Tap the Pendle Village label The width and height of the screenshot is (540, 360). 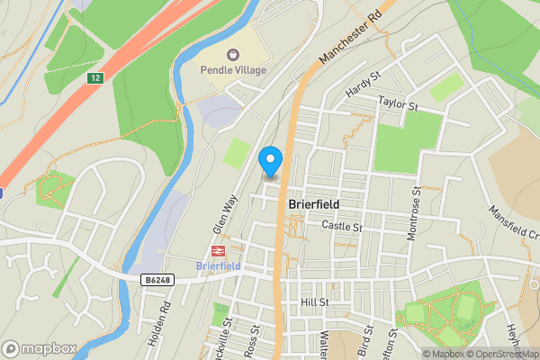click(x=233, y=70)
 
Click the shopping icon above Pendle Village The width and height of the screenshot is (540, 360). click(x=233, y=55)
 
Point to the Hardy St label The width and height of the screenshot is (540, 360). click(x=363, y=86)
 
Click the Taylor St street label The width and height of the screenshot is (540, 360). click(x=400, y=103)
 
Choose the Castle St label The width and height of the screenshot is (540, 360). click(x=341, y=227)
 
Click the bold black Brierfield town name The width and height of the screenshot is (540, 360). click(x=313, y=204)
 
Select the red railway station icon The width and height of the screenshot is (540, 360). click(x=217, y=251)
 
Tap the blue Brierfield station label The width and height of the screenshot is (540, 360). click(x=217, y=266)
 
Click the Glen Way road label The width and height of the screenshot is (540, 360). click(x=221, y=213)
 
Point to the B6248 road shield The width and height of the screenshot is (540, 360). click(x=156, y=281)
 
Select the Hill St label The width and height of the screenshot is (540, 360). click(x=316, y=302)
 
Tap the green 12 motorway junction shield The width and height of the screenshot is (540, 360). click(x=94, y=78)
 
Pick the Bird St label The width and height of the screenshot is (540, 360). click(x=364, y=341)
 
